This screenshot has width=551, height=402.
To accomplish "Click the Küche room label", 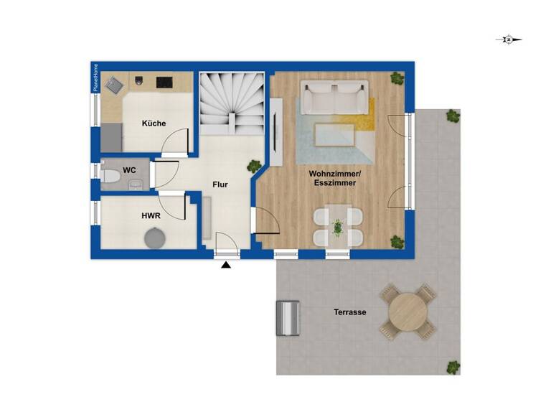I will [154, 123].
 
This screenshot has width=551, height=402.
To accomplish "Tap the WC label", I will [130, 170].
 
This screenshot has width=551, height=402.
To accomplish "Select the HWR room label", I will [150, 215].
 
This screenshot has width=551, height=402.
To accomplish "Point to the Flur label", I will [220, 184].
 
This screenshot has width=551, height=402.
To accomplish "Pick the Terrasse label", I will [350, 312].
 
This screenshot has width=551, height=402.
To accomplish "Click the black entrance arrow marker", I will [226, 266].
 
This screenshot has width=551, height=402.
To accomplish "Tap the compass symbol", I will [508, 40].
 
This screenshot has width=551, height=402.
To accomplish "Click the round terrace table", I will [408, 312].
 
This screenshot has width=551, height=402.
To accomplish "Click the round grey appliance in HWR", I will [154, 237].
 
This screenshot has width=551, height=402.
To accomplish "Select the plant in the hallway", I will [254, 167].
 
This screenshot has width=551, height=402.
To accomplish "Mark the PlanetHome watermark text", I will [95, 78].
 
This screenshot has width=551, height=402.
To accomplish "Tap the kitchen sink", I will [115, 86].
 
